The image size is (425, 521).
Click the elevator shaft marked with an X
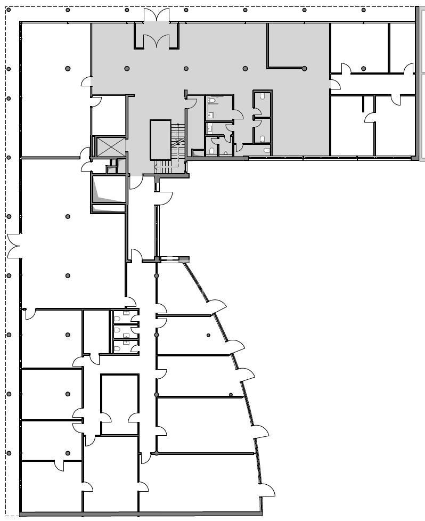(x=110, y=146)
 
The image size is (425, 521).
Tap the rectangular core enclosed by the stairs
(x=160, y=140)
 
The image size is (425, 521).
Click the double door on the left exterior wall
(x=14, y=246)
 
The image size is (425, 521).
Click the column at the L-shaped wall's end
(x=304, y=68)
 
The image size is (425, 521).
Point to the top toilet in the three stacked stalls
(x=117, y=319)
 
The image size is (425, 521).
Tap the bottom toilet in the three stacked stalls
(x=117, y=349)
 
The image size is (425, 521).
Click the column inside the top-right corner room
(x=363, y=68)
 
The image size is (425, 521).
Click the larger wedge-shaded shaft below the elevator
(x=109, y=189)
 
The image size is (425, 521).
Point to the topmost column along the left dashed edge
(x=9, y=69)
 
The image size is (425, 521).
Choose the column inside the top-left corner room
(x=68, y=68)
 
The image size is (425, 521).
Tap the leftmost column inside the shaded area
(x=127, y=68)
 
